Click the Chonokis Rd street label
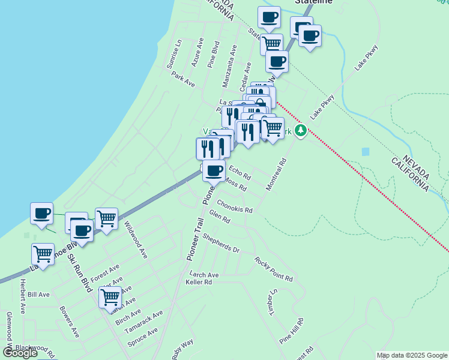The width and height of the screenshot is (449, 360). [x=235, y=207]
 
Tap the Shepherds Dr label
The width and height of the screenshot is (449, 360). [x=221, y=244]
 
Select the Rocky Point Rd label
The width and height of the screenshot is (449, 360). [x=273, y=269]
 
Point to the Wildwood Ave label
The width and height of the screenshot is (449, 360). [x=135, y=240]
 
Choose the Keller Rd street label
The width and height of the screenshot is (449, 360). [x=199, y=282]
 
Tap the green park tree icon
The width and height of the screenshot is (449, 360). [x=301, y=130]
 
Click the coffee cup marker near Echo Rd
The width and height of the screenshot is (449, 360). [x=214, y=171]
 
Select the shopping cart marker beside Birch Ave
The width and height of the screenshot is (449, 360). [x=110, y=296]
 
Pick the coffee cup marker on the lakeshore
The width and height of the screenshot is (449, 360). [x=41, y=214]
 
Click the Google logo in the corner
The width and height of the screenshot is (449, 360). [x=20, y=353]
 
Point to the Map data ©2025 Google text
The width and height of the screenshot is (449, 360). [x=411, y=355]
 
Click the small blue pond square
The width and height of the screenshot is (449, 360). [x=366, y=151]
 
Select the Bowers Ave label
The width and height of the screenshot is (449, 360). [x=70, y=322]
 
